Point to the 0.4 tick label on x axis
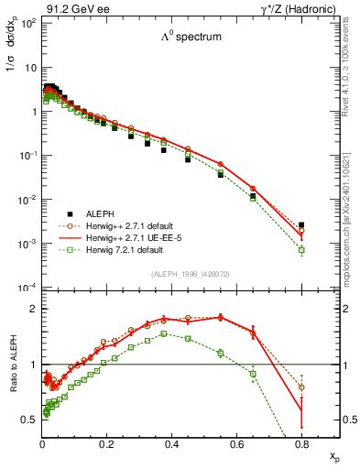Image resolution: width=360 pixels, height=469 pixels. coord(171,444)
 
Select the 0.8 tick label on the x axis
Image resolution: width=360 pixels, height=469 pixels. coord(301,444)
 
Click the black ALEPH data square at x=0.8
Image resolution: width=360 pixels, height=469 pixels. coord(301,224)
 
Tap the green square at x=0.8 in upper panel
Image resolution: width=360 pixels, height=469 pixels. coord(301,249)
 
